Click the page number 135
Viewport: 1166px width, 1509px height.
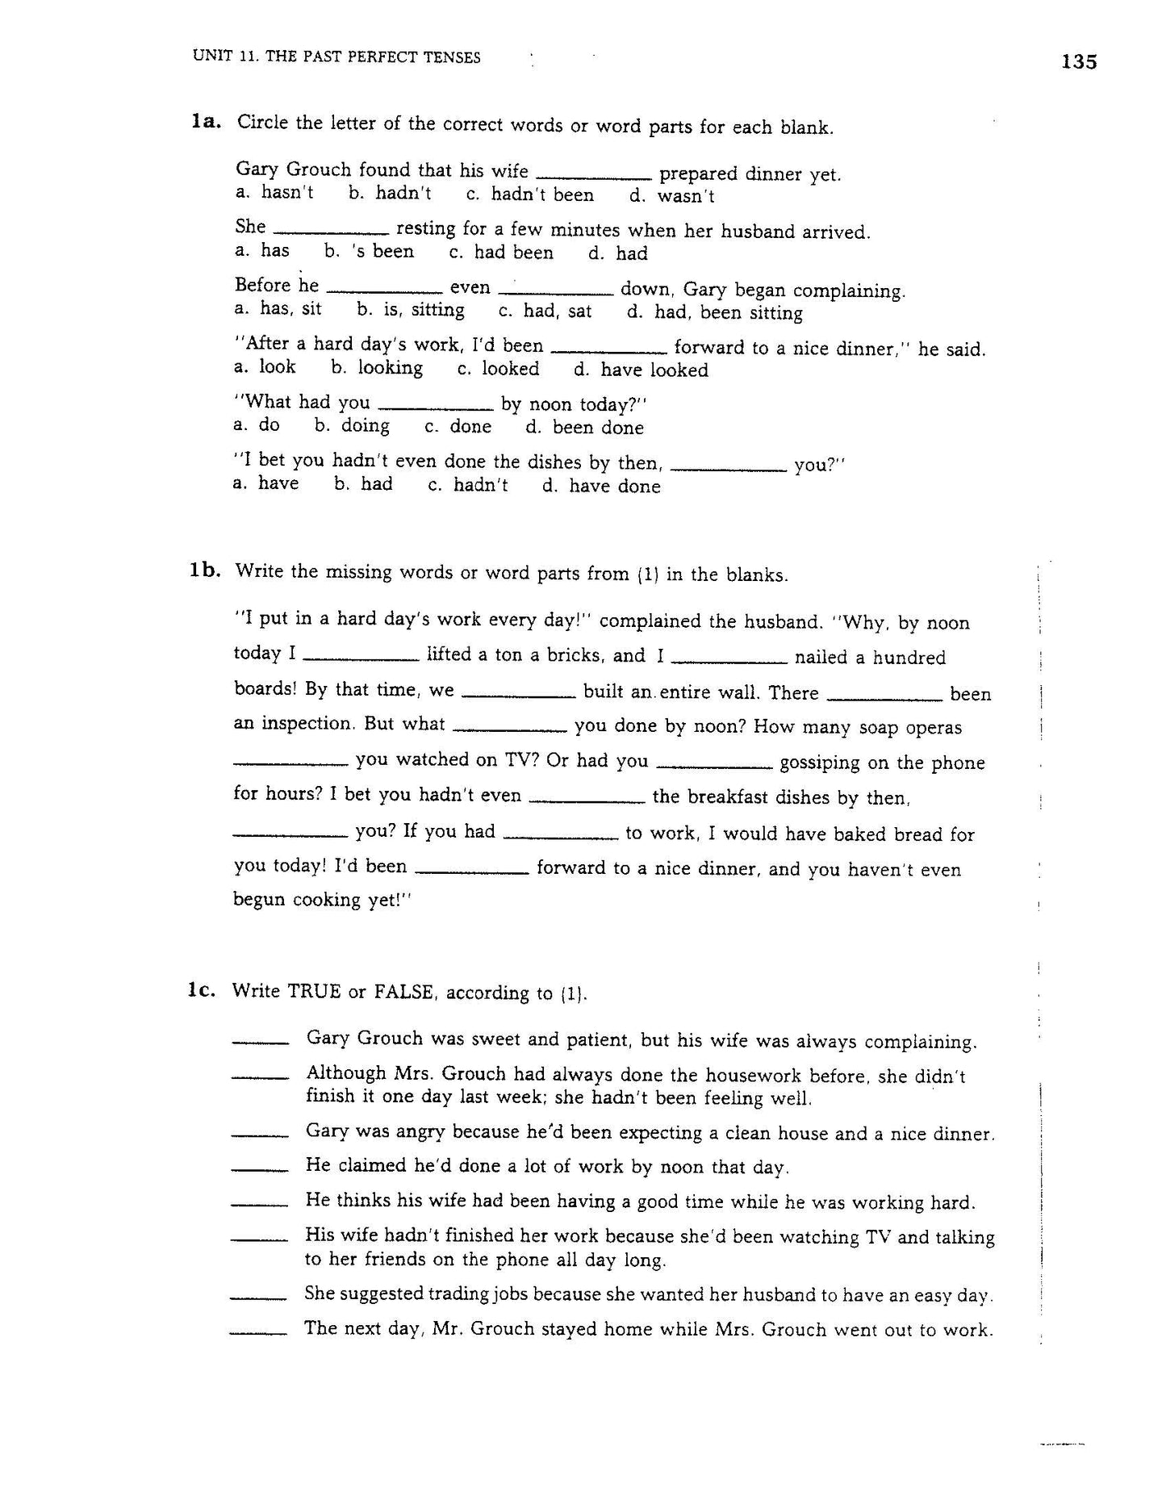(1079, 62)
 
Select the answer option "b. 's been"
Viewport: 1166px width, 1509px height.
(369, 252)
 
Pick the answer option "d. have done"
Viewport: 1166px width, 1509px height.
(601, 486)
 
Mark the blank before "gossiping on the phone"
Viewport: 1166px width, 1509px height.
(716, 767)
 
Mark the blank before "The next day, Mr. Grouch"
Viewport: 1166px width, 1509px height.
(258, 1333)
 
